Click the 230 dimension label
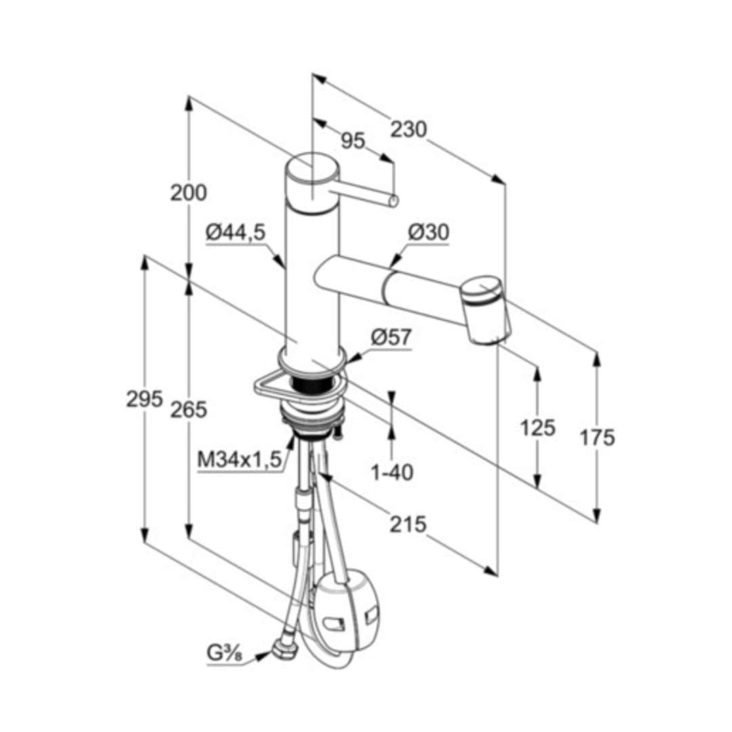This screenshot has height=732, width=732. (x=409, y=129)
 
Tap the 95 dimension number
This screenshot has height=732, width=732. (x=353, y=140)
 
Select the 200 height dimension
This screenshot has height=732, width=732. (x=188, y=192)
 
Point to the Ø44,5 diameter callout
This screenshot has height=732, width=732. (x=236, y=232)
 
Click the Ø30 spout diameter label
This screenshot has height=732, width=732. (x=428, y=232)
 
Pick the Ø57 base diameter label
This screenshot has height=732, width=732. (x=391, y=337)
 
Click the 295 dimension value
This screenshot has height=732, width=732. (x=144, y=399)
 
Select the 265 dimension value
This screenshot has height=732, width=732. (x=188, y=409)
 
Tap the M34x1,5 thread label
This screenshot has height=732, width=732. (x=240, y=460)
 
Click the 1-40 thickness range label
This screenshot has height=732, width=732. (x=392, y=473)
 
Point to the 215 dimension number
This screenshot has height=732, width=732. (x=408, y=524)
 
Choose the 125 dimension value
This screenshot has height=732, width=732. (x=537, y=428)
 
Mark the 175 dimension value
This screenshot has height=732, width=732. (x=597, y=438)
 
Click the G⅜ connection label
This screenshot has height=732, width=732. (x=224, y=653)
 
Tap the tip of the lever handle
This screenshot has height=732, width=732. (x=394, y=201)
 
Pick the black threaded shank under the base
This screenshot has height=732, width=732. (x=310, y=384)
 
